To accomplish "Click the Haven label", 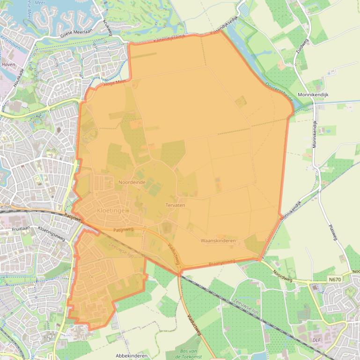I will point(8,65).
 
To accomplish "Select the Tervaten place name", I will point(175,205).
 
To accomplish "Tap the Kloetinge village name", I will point(110,211).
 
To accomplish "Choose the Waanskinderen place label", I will point(218,240).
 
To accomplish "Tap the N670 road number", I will point(334,280).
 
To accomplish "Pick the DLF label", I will point(316,340).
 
